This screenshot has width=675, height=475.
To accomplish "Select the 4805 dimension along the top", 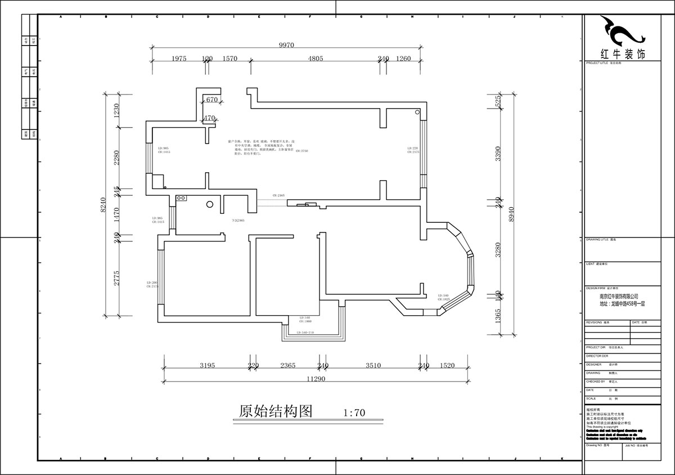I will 314,59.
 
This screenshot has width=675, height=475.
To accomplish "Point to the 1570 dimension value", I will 230,59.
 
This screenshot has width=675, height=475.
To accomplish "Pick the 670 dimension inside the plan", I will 211,100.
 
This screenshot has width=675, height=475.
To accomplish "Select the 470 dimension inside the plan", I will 209,118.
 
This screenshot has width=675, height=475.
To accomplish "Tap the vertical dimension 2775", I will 117,279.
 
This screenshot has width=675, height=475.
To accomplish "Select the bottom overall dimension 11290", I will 317,379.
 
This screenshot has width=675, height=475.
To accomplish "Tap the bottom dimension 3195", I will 207,365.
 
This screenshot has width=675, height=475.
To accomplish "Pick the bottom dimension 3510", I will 373,365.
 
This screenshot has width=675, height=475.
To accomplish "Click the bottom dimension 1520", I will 447,365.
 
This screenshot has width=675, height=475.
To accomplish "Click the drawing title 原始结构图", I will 276,411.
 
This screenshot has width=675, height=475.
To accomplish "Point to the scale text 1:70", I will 354,413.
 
